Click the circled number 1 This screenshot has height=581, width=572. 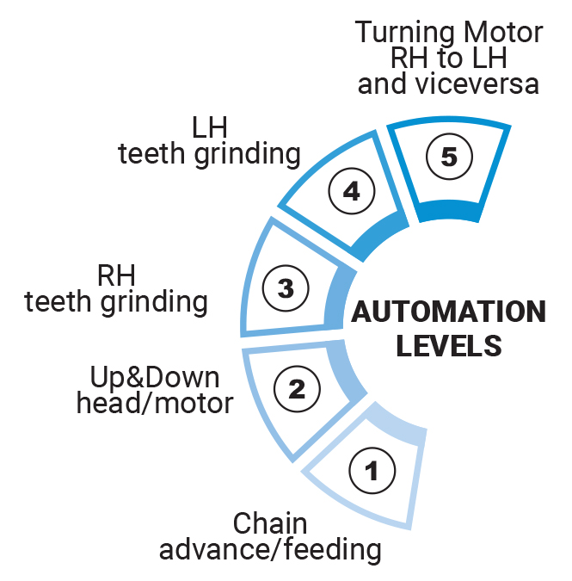(x=372, y=470)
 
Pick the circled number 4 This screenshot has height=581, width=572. (x=350, y=191)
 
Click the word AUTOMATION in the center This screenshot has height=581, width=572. (x=448, y=312)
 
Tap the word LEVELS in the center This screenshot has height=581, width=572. (x=448, y=344)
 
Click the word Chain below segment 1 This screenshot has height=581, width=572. (x=270, y=522)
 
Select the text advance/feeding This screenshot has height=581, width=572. (x=270, y=548)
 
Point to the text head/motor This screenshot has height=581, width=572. (x=155, y=403)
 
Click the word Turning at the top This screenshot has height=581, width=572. (x=406, y=33)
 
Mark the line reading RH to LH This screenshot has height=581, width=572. (x=450, y=59)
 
